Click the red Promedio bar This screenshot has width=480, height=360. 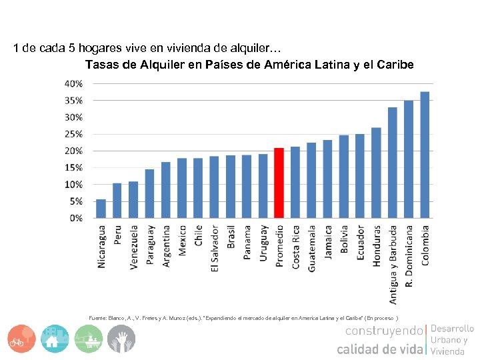(x=279, y=183)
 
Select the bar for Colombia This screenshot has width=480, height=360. (x=425, y=155)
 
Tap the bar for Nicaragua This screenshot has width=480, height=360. (x=101, y=208)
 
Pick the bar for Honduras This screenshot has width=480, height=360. (x=376, y=173)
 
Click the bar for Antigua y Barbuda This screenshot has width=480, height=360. (x=393, y=163)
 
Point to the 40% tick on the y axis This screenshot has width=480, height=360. (x=73, y=84)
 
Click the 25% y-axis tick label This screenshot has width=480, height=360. (x=73, y=134)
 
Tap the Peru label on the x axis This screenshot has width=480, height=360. (x=117, y=234)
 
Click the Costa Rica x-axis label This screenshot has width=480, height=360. (x=295, y=247)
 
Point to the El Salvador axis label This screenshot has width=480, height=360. (x=215, y=248)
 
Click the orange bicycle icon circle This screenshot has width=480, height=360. (x=22, y=339)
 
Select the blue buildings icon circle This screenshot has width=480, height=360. (x=54, y=339)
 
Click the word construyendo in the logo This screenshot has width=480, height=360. (x=383, y=331)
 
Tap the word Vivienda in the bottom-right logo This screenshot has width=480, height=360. (x=447, y=351)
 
